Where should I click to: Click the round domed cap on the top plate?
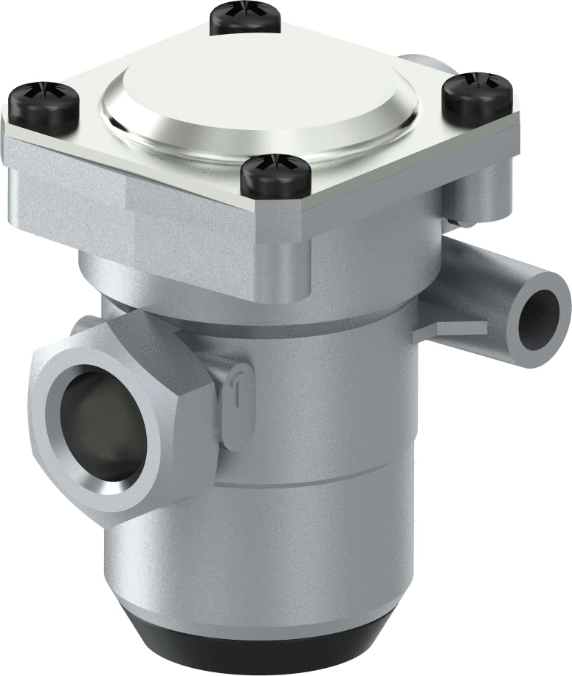click(x=258, y=96)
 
